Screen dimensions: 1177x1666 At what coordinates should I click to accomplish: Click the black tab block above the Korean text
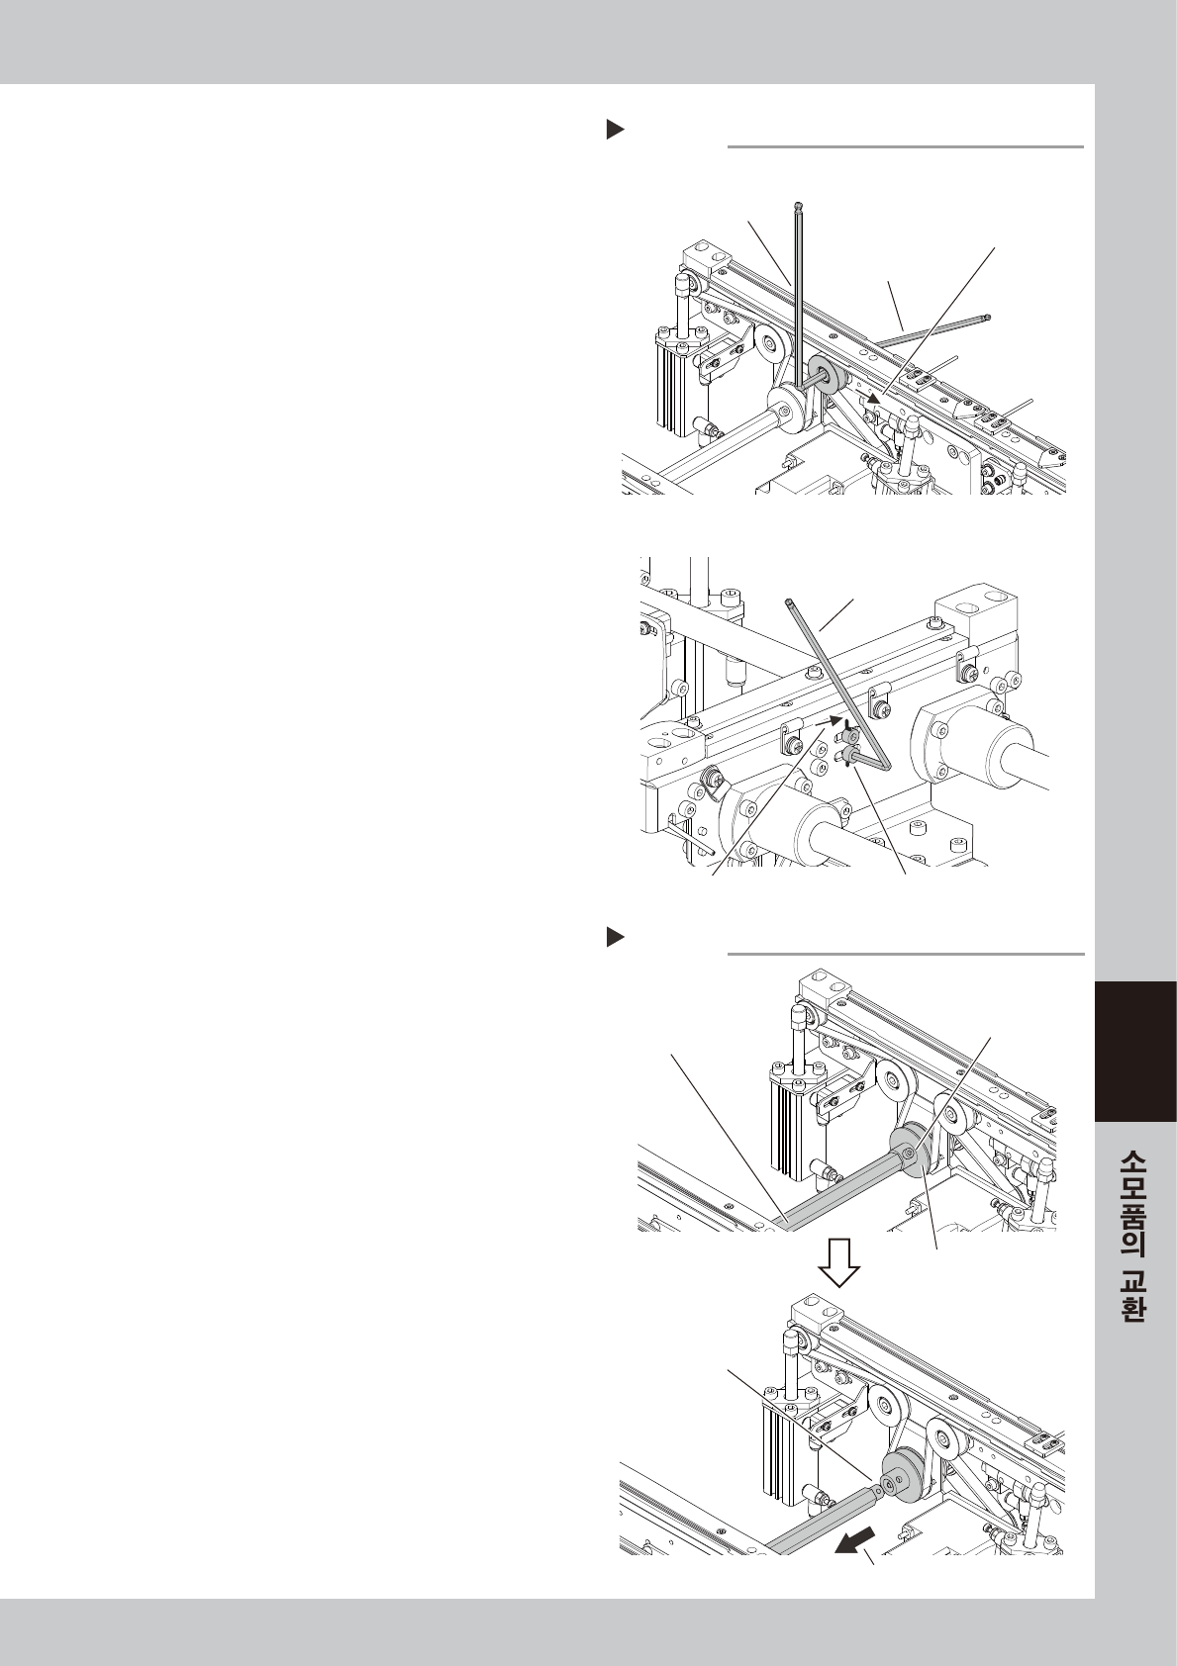[1136, 1052]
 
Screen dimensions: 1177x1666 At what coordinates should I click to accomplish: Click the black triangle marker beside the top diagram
[616, 131]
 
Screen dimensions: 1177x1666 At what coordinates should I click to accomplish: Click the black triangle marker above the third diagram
[616, 938]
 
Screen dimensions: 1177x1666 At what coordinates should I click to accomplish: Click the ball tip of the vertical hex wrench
[799, 205]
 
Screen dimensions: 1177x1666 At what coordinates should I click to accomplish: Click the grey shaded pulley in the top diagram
[826, 377]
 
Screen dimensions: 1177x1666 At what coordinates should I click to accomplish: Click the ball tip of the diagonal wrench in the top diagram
[988, 319]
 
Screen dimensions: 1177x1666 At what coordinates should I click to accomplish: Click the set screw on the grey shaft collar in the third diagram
[909, 1153]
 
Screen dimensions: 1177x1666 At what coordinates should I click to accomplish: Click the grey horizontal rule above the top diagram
[906, 147]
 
